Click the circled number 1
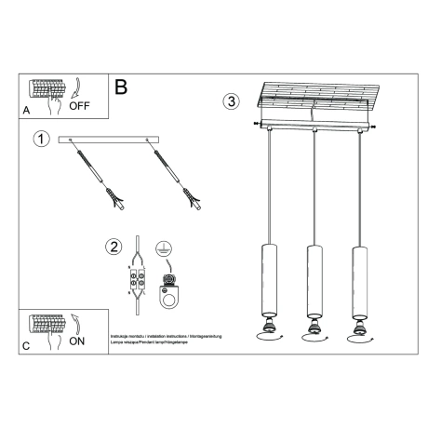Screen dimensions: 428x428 (40, 140)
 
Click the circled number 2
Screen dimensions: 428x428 (114, 247)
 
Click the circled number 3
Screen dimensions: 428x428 (231, 102)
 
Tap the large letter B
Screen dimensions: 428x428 (121, 88)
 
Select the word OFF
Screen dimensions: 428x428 (79, 106)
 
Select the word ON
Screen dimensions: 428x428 (78, 341)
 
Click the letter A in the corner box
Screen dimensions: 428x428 (25, 111)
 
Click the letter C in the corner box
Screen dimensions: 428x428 (25, 346)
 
